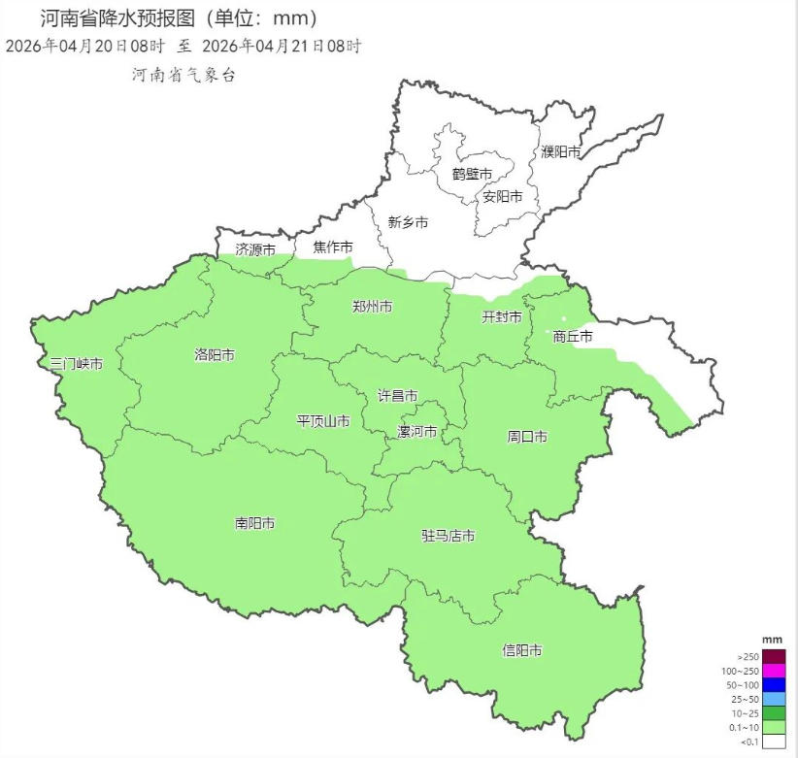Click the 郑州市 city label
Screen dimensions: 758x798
(x=372, y=307)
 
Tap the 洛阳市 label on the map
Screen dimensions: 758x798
(x=215, y=355)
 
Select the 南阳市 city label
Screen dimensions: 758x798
(x=254, y=523)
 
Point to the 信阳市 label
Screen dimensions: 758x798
(x=522, y=650)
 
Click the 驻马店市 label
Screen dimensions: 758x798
(x=448, y=536)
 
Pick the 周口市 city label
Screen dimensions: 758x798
(x=527, y=437)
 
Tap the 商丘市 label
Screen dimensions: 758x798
(x=572, y=337)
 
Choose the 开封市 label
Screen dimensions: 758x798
(x=502, y=317)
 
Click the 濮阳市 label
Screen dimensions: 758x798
(x=561, y=151)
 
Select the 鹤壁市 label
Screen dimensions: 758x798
(x=472, y=174)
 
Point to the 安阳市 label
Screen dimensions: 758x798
(x=503, y=196)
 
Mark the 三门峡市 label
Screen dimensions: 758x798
(x=77, y=364)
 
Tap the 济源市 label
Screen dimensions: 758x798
(x=255, y=249)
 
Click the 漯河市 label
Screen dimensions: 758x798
(x=417, y=432)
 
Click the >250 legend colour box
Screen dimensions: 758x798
(x=774, y=656)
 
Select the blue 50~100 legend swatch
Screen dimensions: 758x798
(x=774, y=685)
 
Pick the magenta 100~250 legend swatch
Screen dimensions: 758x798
(x=774, y=671)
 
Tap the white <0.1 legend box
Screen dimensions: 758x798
(x=774, y=742)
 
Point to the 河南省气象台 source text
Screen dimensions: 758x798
(x=184, y=75)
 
